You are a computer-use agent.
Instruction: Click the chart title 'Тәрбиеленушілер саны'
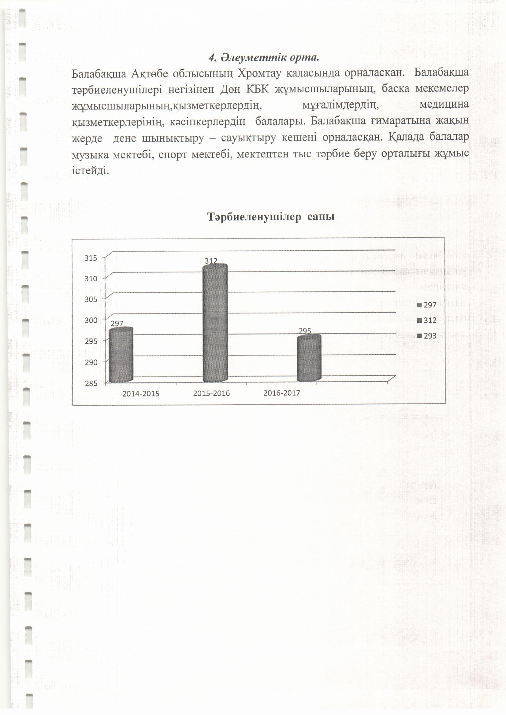(271, 217)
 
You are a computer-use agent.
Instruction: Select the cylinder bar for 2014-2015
(121, 355)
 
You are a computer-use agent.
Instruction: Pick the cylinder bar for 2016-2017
(309, 358)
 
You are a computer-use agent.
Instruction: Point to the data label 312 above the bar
(211, 261)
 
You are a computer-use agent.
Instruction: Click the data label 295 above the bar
(305, 331)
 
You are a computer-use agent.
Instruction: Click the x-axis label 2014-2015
(140, 394)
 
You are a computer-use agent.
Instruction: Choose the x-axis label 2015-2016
(211, 394)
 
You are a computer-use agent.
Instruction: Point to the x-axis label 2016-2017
(282, 393)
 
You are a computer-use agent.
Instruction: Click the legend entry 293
(430, 336)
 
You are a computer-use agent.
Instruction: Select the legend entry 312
(430, 320)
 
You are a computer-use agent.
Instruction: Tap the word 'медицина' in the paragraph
(444, 105)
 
